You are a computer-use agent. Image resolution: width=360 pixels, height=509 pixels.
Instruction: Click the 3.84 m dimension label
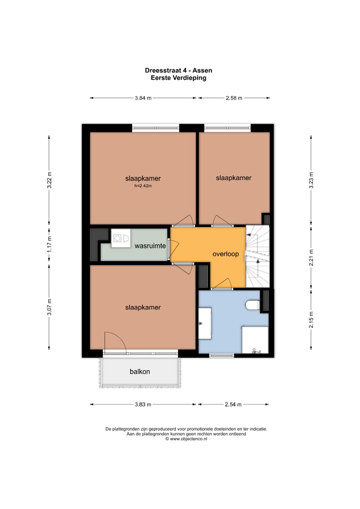[x=143, y=98]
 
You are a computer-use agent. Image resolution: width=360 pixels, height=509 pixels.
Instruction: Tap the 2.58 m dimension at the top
[x=234, y=98]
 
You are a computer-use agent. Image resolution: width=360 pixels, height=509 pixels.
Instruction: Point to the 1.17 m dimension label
[x=49, y=244]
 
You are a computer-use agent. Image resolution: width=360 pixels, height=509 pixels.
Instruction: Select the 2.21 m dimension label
[x=311, y=257]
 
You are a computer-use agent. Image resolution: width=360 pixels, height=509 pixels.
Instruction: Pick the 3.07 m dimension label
[x=49, y=307]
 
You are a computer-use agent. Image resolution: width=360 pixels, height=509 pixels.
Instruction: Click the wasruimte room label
[x=150, y=246]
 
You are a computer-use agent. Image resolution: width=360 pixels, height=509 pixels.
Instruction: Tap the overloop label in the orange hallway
[x=225, y=254]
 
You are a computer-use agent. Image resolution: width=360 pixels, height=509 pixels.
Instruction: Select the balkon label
[x=140, y=372]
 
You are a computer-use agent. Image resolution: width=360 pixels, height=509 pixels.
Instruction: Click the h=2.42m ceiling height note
[x=143, y=186]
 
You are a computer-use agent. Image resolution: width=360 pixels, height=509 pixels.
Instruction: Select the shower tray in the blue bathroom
[x=255, y=340]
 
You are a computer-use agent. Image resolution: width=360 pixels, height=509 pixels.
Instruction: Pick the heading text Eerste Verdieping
[x=179, y=78]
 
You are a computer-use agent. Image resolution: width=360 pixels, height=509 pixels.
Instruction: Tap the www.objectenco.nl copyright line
[x=186, y=439]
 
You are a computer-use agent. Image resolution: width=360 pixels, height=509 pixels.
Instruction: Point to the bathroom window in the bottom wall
[x=222, y=356]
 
